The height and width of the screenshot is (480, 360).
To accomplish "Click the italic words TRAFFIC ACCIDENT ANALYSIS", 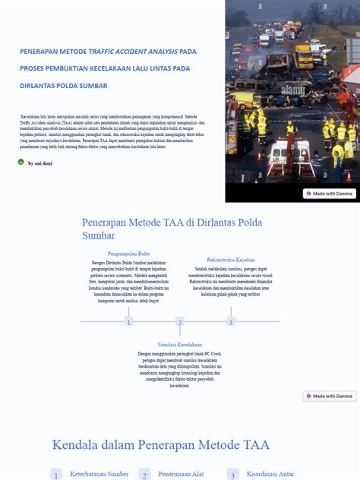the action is click(133, 52).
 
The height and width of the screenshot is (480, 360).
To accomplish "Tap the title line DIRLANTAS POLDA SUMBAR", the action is click(64, 85).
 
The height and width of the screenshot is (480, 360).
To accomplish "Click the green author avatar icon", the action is click(21, 162).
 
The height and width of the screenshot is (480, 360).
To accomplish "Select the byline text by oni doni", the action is click(40, 163).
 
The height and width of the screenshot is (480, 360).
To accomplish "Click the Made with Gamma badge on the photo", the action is click(330, 194).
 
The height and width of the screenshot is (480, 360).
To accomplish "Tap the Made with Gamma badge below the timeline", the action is click(330, 396).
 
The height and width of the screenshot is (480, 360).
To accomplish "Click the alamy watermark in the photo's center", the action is click(292, 90).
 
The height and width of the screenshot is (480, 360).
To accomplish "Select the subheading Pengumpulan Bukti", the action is click(128, 253).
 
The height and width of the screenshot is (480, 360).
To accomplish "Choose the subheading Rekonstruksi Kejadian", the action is click(231, 260).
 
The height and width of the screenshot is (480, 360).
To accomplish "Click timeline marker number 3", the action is click(231, 321).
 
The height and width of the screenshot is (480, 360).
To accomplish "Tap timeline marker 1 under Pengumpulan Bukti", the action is click(128, 321).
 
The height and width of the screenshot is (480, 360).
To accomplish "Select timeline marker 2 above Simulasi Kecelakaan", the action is click(180, 321).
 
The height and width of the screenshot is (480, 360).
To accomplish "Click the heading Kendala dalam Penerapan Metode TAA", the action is click(160, 445).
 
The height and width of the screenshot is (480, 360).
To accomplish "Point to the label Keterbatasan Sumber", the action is click(99, 474).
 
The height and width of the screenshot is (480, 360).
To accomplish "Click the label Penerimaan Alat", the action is click(181, 474).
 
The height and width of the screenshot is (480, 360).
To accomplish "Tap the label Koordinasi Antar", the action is click(270, 474).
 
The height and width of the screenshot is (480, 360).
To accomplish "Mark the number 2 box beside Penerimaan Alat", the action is click(144, 475).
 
